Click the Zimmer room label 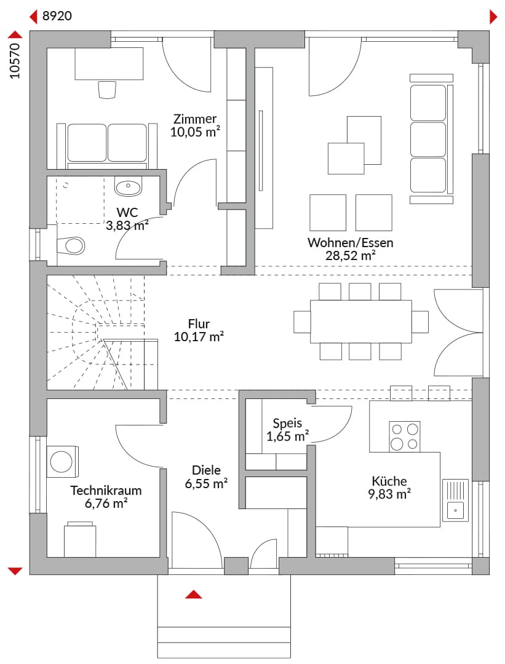pyautogui.click(x=195, y=119)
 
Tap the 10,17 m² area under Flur pyautogui.click(x=199, y=337)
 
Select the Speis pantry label pyautogui.click(x=287, y=423)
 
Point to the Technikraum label pyautogui.click(x=106, y=491)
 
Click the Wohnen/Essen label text pyautogui.click(x=351, y=243)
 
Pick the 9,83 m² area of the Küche pyautogui.click(x=389, y=494)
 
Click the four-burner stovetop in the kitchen pyautogui.click(x=405, y=436)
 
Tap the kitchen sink pyautogui.click(x=455, y=500)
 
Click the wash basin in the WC pyautogui.click(x=129, y=186)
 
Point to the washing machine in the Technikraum pyautogui.click(x=62, y=462)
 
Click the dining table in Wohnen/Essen pyautogui.click(x=361, y=322)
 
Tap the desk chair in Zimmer pyautogui.click(x=107, y=89)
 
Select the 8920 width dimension pyautogui.click(x=57, y=16)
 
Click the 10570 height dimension pyautogui.click(x=15, y=61)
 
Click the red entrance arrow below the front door pyautogui.click(x=194, y=594)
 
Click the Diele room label pyautogui.click(x=206, y=470)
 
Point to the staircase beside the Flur pyautogui.click(x=102, y=332)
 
